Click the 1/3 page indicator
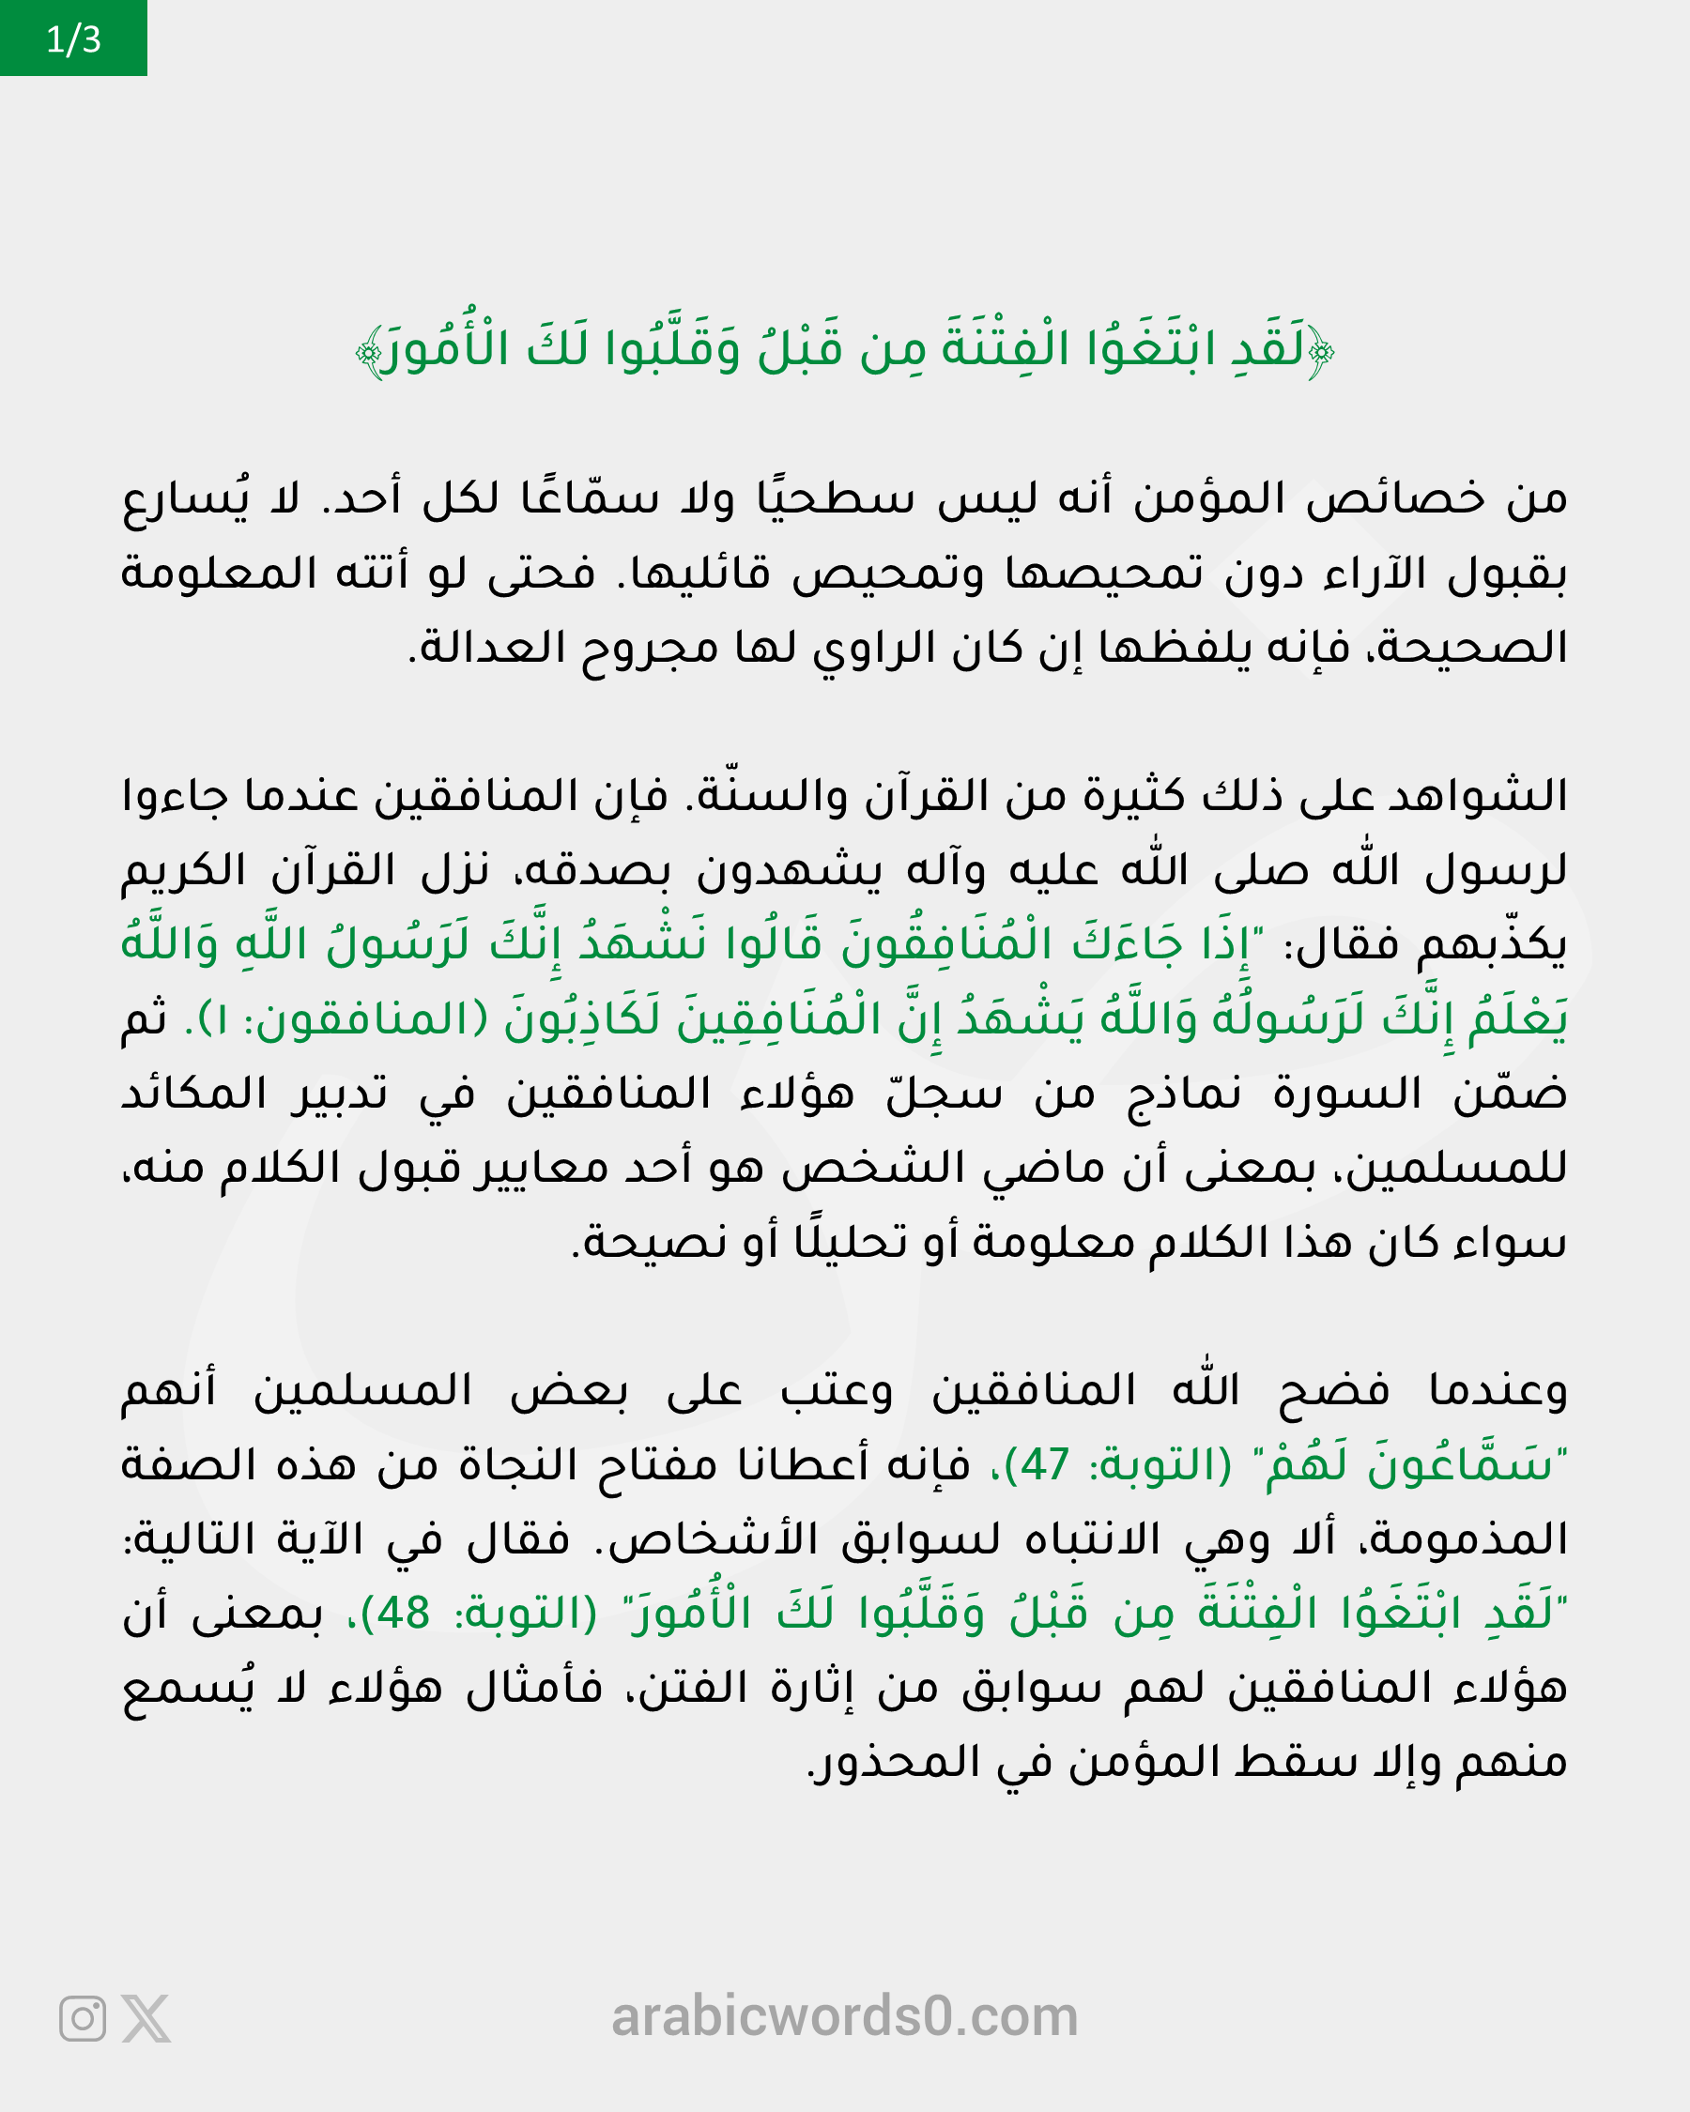(x=73, y=39)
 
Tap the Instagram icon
(x=83, y=2018)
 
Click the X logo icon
(x=146, y=2018)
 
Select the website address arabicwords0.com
(x=844, y=2016)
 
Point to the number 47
(x=1044, y=1465)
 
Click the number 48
(x=404, y=1614)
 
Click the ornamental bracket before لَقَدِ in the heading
(x=1321, y=351)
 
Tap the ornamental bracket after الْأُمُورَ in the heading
(x=369, y=351)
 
